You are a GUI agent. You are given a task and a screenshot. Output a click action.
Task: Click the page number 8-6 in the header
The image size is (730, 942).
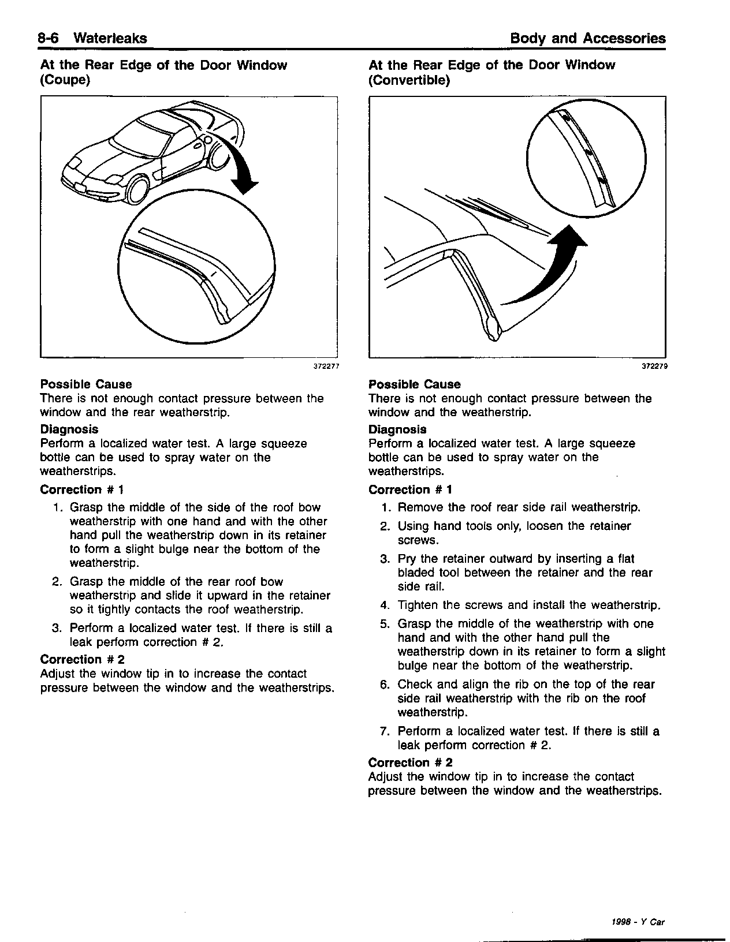coord(50,39)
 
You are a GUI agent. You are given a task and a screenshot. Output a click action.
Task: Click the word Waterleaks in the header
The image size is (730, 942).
coord(110,39)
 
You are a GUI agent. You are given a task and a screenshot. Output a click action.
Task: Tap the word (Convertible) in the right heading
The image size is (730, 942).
coord(409,80)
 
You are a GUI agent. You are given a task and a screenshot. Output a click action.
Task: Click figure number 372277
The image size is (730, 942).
coord(325,365)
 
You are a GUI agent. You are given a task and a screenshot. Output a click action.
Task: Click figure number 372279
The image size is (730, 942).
coord(654,365)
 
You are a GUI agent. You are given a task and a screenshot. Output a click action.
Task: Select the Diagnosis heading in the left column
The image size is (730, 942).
coord(69,429)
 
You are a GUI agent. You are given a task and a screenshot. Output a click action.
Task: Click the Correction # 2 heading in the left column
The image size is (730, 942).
coord(83,659)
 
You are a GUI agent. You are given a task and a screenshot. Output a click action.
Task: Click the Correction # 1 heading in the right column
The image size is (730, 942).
coord(411,489)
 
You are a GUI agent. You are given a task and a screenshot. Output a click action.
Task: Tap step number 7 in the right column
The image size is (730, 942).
coord(385,731)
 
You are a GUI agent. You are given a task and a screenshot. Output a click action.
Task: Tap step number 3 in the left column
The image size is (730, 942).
coord(57,628)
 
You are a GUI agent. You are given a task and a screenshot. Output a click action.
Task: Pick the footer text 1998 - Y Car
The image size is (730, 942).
coord(638,922)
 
